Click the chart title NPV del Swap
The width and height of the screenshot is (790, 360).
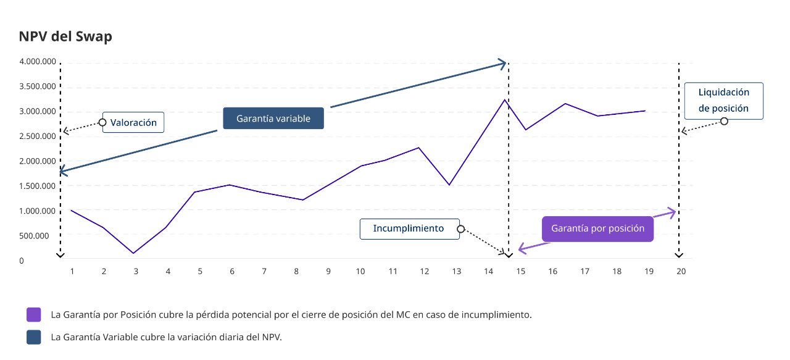click(x=65, y=36)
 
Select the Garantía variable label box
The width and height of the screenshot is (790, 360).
click(x=273, y=119)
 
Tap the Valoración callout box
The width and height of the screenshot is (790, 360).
click(x=133, y=122)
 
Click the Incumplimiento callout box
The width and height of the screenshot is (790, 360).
click(x=409, y=228)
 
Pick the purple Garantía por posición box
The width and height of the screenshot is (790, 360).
click(x=597, y=228)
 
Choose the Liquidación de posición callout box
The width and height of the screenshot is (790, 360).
click(x=723, y=100)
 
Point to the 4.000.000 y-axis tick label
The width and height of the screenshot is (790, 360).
click(x=38, y=62)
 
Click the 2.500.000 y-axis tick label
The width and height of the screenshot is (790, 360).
click(x=38, y=136)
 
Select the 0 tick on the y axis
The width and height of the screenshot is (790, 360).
click(x=22, y=261)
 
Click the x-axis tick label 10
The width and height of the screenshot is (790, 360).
click(x=360, y=271)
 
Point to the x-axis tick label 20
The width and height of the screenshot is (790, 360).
click(x=681, y=271)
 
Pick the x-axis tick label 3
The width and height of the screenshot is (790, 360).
click(x=136, y=271)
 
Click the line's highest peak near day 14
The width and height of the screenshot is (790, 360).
click(x=504, y=99)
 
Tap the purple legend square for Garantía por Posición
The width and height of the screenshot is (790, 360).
click(x=34, y=314)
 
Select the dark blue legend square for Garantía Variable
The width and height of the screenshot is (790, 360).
click(x=34, y=337)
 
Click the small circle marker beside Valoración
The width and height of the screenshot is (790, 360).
click(x=102, y=122)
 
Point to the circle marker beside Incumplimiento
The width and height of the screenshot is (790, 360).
click(x=460, y=229)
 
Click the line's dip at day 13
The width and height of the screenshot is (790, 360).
click(x=449, y=185)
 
